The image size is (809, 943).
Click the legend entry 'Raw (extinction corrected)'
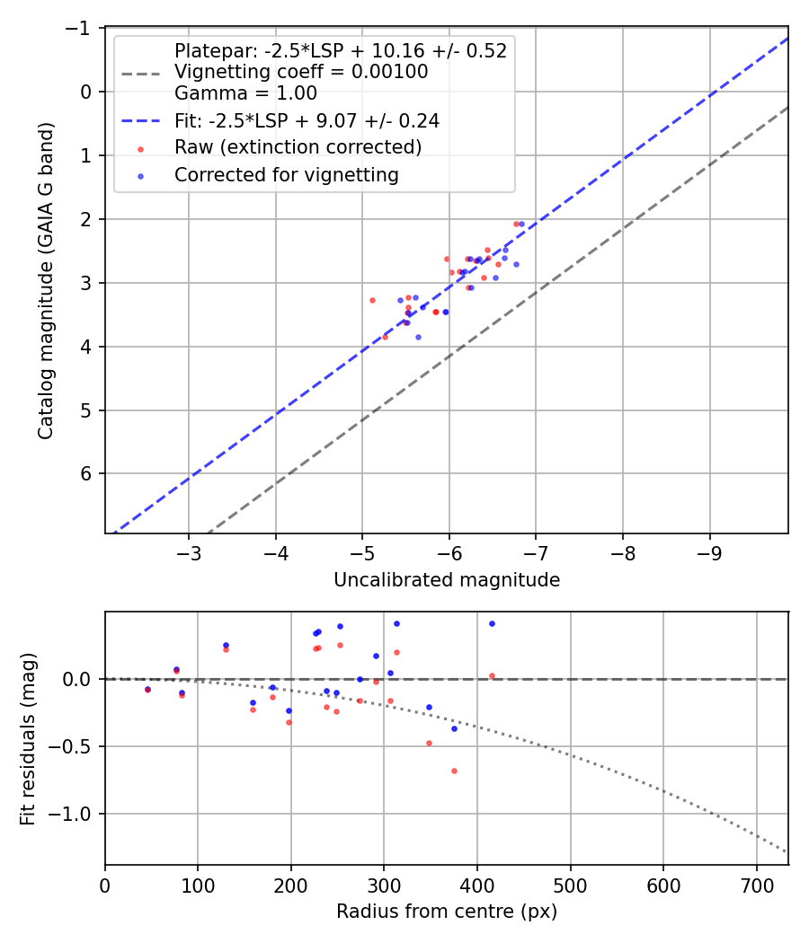298,147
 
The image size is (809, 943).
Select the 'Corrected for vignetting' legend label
287,175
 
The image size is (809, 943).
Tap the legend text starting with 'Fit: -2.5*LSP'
307,119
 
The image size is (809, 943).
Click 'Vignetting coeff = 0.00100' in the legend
301,71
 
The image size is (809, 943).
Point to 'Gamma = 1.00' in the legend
245,92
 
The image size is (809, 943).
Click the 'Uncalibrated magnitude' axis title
447,580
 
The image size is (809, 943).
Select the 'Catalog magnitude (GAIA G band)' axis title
46,280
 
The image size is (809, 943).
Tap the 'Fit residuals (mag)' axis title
28,737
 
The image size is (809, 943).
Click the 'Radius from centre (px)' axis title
447,912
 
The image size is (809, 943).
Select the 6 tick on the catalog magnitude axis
87,473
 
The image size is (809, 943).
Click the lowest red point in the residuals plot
454,771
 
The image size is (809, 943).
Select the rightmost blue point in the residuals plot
492,623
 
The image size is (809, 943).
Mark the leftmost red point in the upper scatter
372,300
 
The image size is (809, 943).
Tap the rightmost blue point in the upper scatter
522,224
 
